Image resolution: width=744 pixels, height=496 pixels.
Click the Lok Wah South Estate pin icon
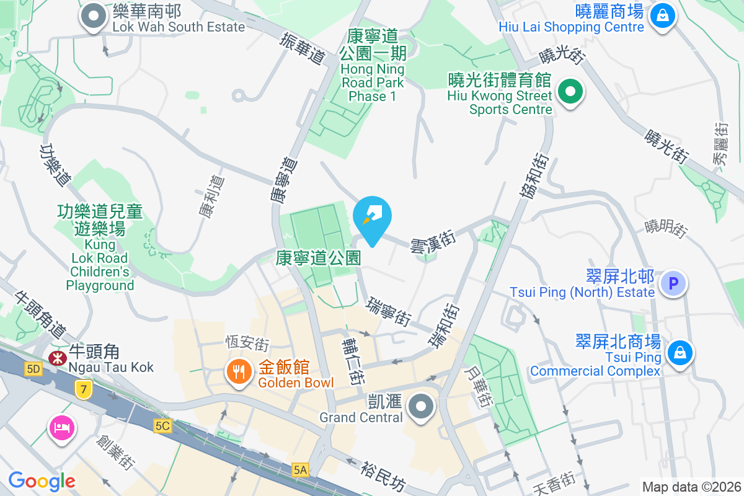(x=94, y=17)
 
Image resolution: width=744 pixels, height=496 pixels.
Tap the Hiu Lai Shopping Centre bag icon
(x=663, y=15)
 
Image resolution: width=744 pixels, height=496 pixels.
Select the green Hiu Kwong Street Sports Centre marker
(x=570, y=93)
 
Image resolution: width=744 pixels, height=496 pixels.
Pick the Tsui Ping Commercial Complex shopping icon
(x=680, y=353)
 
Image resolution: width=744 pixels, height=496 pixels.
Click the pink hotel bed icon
(x=63, y=427)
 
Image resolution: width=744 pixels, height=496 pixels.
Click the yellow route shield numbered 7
(x=82, y=389)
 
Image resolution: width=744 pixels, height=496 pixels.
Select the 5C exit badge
(x=162, y=426)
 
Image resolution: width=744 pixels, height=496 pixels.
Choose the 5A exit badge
(x=301, y=470)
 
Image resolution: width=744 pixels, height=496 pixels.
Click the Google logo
(x=42, y=481)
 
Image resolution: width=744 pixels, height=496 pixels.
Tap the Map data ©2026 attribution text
(x=691, y=487)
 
